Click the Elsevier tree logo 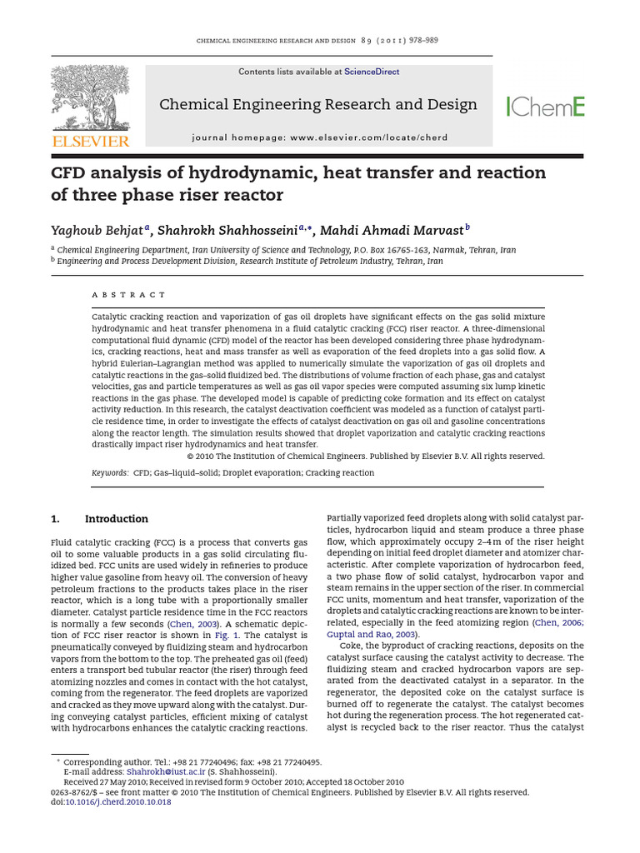tap(90, 97)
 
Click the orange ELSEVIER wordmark tap(90, 142)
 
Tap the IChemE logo tap(546, 106)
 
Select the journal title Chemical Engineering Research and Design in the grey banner tap(317, 105)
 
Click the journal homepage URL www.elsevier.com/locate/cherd tap(369, 137)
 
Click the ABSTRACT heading tap(128, 295)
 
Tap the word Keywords tap(109, 473)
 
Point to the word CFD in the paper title tap(71, 173)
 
